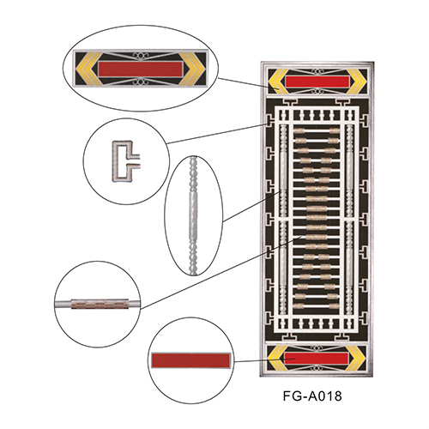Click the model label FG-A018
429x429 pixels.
(312, 396)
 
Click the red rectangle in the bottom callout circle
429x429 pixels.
(190, 360)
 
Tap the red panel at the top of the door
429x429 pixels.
(317, 82)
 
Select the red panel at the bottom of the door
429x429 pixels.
(317, 358)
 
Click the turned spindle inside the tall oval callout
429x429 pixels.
(193, 215)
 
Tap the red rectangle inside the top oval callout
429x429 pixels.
(141, 69)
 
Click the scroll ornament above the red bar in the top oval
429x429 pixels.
(141, 55)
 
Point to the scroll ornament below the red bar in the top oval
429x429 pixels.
(141, 82)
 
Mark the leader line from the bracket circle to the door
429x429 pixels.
(217, 134)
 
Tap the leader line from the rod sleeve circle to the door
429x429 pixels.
(221, 272)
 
